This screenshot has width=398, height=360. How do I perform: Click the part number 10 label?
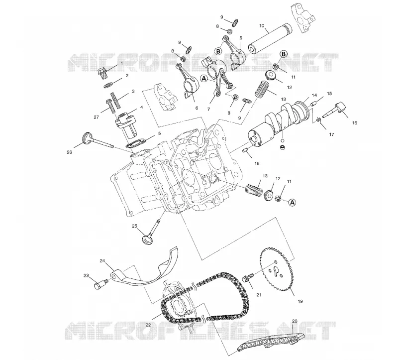point(262,26)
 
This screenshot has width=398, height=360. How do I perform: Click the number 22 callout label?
point(148,325)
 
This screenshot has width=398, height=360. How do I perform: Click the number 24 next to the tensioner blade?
point(102,260)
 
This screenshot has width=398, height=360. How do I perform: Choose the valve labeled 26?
point(98,141)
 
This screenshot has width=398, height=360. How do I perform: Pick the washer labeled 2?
point(108,85)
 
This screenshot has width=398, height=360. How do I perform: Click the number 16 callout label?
point(355,122)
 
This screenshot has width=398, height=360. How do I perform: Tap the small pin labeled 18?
point(245,151)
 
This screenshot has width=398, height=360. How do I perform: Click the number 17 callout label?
point(331,134)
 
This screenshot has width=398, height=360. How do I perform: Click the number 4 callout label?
point(141,107)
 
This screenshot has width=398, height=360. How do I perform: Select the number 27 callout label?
point(96,117)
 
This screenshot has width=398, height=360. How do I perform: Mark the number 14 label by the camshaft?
point(314,95)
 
